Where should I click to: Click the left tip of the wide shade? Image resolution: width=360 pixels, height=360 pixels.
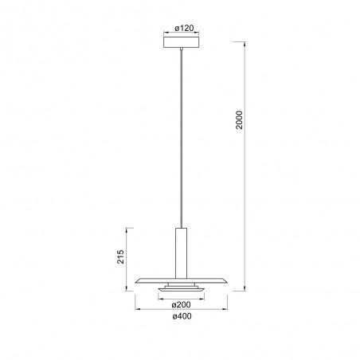135,280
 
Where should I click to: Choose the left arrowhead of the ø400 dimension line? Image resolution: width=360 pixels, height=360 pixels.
136,309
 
